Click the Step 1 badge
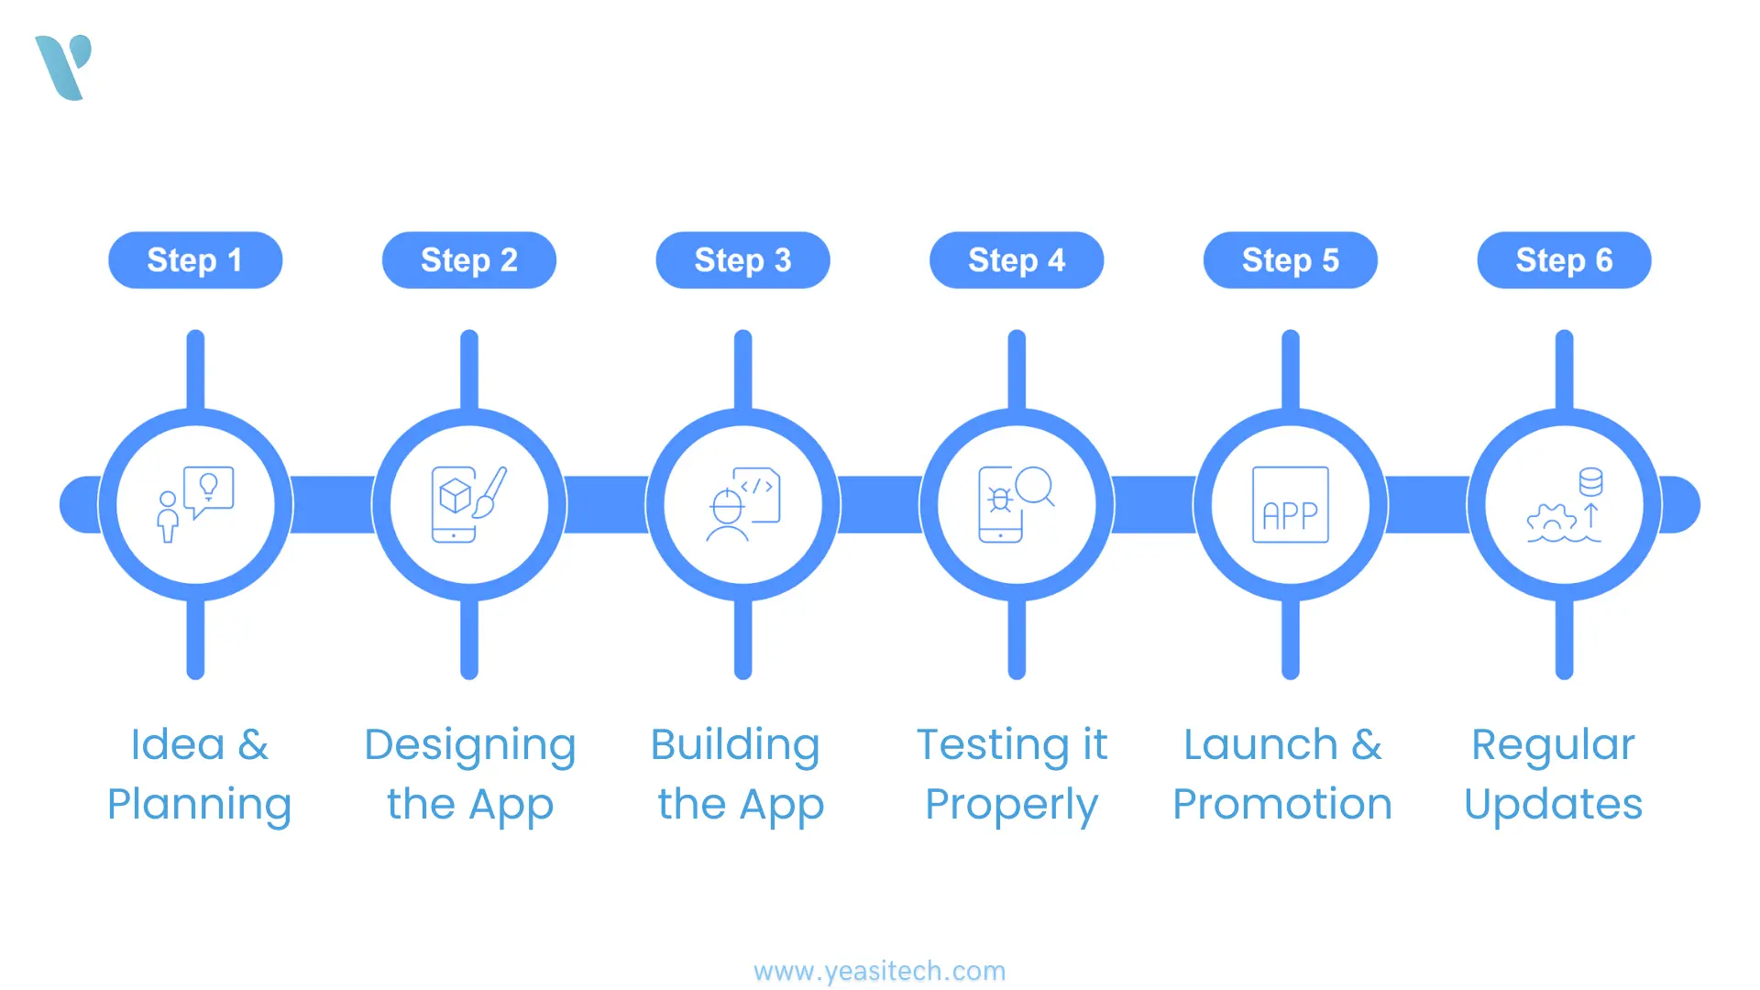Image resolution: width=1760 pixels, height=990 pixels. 195,260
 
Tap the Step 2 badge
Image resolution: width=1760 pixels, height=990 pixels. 468,260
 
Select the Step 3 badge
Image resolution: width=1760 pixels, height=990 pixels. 742,260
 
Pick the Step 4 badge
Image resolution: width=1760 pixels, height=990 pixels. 1017,260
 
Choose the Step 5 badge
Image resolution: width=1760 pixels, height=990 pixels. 1290,260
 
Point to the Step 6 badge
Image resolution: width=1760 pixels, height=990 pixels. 1564,260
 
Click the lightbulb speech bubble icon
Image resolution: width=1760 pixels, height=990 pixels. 209,489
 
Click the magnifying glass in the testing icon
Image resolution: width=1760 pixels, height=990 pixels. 1035,486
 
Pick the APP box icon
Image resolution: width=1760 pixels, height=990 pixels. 1290,505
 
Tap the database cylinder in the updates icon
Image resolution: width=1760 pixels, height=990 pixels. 1590,481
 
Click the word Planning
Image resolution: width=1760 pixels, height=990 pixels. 199,805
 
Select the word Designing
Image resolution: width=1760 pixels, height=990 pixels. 469,745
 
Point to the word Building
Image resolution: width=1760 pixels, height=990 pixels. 734,745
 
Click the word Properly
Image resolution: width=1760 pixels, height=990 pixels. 1011,805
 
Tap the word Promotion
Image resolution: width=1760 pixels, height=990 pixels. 1282,805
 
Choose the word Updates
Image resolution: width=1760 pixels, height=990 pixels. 1553,805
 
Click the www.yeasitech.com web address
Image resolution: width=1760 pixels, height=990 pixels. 879,971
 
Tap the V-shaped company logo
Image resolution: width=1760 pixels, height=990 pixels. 64,67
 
